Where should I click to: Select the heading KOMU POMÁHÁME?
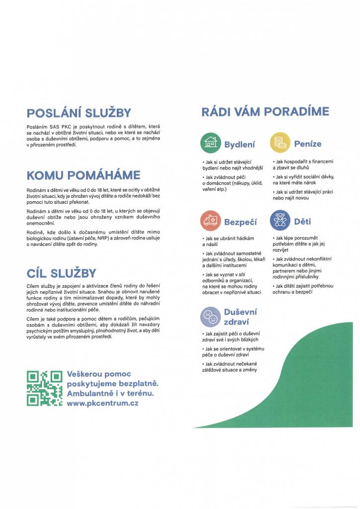point(83,175)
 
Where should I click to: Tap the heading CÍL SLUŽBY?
point(61,273)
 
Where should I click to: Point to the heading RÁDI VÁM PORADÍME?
point(265,111)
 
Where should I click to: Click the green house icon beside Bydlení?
point(210,143)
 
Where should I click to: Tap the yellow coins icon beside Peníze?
point(280,143)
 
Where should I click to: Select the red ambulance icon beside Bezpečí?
point(210,221)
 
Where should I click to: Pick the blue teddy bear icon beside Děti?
point(280,221)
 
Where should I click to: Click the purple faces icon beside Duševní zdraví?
point(210,316)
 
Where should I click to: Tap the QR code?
point(44,388)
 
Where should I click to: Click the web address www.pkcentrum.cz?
point(102,403)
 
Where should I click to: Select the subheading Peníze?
point(308,144)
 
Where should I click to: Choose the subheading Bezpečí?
point(240,222)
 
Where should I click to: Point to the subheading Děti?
point(302,221)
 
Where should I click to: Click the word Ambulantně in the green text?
point(92,393)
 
